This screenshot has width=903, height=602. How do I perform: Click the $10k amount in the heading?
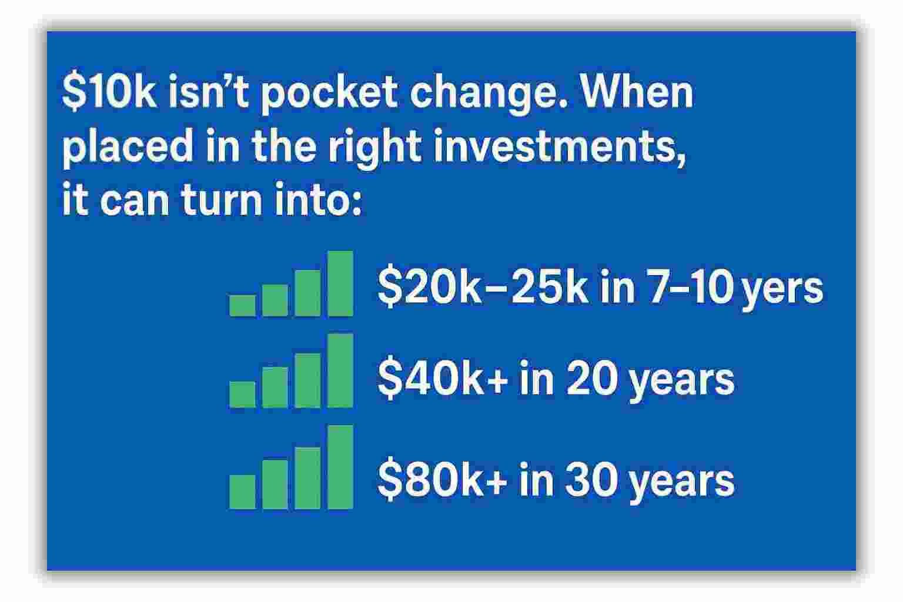109,93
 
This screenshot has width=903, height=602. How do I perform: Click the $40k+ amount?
442,379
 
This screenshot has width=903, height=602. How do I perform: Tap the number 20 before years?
590,379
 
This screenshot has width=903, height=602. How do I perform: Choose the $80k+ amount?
442,480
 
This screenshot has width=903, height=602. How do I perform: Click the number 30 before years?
590,480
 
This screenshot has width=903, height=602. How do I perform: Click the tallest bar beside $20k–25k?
340,284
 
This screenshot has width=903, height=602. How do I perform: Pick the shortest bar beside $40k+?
242,394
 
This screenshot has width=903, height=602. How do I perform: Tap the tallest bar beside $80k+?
340,467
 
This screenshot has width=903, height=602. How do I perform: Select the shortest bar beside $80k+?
242,492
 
